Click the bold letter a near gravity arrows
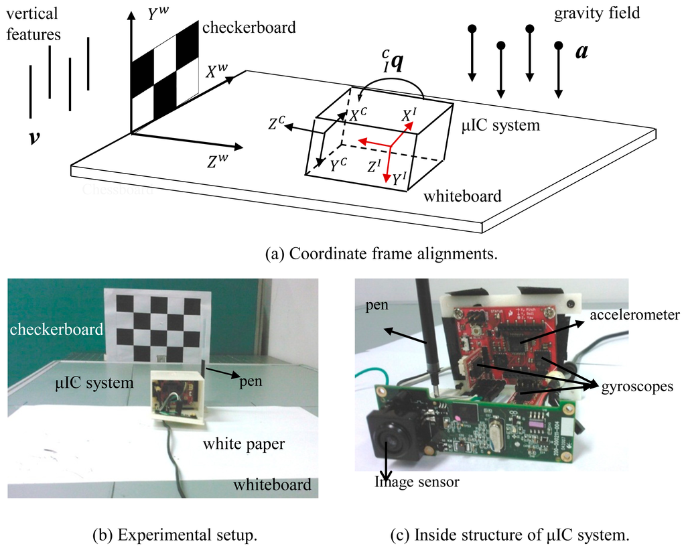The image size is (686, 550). (x=581, y=52)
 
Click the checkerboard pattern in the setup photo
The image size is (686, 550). (x=158, y=327)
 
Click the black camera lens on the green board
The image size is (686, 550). (x=391, y=441)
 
